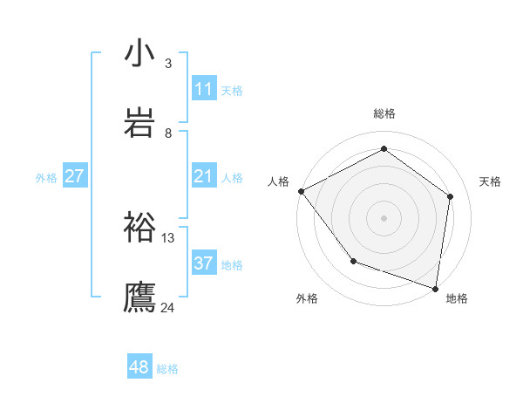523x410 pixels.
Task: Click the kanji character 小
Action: (x=139, y=53)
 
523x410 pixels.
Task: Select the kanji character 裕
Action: (x=139, y=227)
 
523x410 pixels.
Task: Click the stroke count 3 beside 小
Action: (x=167, y=64)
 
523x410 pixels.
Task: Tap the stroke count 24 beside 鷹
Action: (x=167, y=307)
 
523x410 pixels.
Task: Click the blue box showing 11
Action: (x=203, y=89)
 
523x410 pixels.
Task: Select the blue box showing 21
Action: (x=203, y=176)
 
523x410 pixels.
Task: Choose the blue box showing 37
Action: (x=203, y=263)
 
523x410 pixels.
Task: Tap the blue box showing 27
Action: (x=74, y=176)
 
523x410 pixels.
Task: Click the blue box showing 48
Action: (x=139, y=367)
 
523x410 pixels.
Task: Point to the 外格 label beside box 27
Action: (x=46, y=178)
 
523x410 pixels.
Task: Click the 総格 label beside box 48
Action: (x=167, y=369)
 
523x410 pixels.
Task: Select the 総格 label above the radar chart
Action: (x=384, y=113)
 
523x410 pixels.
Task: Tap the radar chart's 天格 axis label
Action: (x=491, y=181)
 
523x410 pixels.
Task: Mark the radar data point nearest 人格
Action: (x=301, y=191)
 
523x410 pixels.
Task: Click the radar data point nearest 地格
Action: (x=436, y=288)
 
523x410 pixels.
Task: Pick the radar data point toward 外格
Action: (x=353, y=261)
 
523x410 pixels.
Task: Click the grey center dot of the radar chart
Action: (x=384, y=217)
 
